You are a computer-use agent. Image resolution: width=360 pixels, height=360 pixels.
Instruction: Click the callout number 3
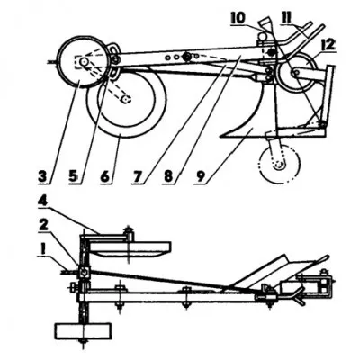click(x=43, y=175)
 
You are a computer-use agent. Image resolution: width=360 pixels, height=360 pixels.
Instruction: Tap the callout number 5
click(x=74, y=175)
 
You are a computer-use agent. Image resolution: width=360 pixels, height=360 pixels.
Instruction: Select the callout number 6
click(x=104, y=175)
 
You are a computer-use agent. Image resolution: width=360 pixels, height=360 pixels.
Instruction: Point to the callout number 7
click(x=137, y=175)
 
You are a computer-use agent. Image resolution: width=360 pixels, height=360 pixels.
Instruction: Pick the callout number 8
click(x=168, y=175)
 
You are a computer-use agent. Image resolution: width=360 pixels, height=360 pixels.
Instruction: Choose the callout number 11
click(x=285, y=19)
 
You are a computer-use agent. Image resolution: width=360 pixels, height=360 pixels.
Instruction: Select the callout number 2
click(x=43, y=224)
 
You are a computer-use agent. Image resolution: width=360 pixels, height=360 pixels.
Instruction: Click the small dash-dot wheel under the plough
click(x=280, y=164)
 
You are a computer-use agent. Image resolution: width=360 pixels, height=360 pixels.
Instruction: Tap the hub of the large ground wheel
click(x=127, y=99)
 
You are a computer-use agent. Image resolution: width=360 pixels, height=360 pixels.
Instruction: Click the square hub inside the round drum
click(x=83, y=62)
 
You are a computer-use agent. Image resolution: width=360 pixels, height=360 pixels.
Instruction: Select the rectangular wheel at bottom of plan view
click(x=83, y=331)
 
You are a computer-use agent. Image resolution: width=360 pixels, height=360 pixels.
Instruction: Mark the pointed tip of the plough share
click(x=220, y=137)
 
